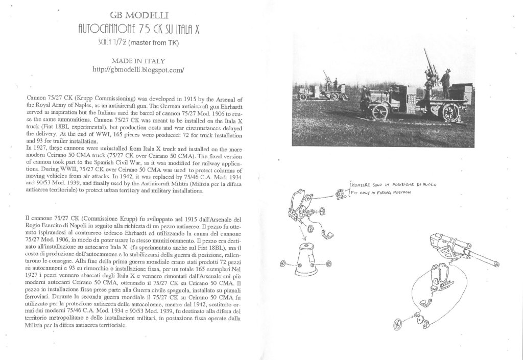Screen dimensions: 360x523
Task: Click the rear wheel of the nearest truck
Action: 450,112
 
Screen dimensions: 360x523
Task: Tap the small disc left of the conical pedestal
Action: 285,264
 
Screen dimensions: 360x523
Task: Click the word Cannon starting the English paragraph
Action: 35,96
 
